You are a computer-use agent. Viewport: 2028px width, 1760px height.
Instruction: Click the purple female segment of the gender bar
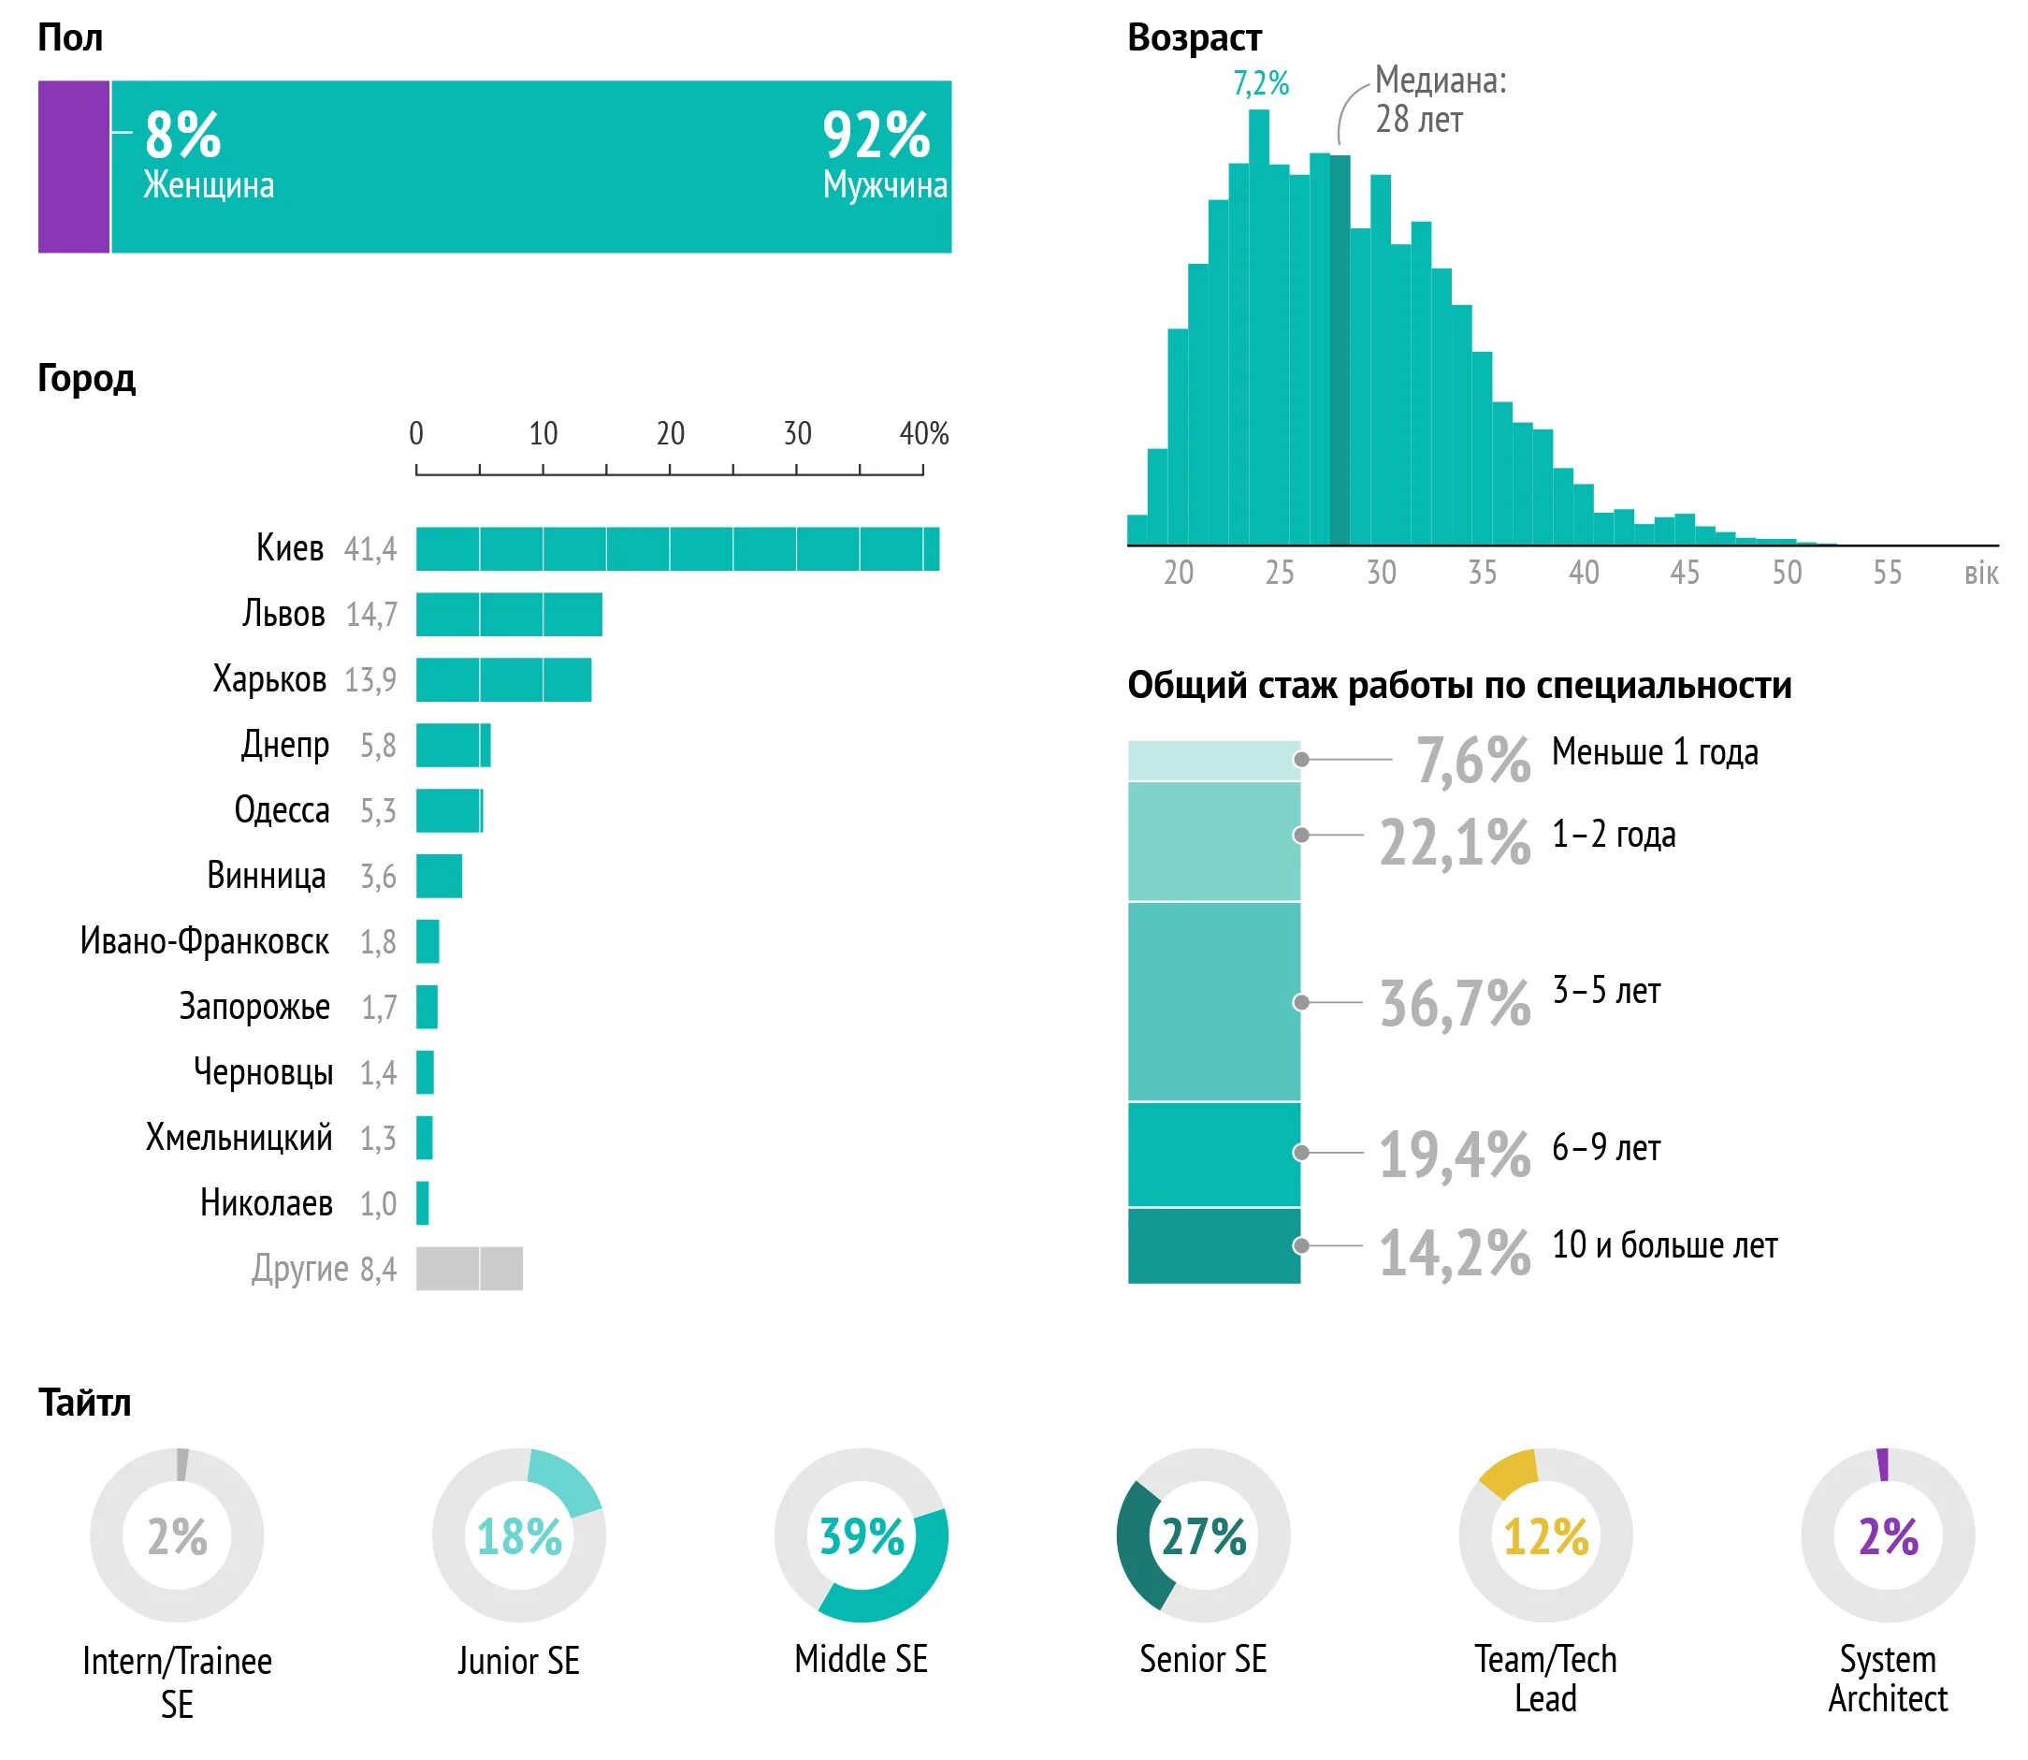74,166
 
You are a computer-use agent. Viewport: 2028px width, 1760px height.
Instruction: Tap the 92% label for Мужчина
875,135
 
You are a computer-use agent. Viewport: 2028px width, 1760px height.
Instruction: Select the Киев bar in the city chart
676,548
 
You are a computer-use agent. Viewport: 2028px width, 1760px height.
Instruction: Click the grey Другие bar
469,1268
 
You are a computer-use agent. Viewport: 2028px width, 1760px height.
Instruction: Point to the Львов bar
508,614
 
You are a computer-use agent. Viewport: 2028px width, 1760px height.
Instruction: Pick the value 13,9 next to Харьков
370,679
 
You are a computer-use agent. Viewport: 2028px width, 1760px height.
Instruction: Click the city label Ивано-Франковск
204,941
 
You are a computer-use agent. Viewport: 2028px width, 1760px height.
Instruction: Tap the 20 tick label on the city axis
670,433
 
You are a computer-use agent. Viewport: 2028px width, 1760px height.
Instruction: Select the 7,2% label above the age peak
1260,83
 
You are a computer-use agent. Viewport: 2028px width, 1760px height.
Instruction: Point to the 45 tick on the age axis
1685,573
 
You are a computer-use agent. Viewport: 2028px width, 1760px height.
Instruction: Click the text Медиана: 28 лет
1439,99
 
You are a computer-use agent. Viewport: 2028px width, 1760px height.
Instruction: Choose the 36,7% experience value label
1455,1003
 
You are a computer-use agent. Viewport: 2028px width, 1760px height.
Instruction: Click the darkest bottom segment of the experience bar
1213,1245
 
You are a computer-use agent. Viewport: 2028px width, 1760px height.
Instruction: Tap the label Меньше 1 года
1655,752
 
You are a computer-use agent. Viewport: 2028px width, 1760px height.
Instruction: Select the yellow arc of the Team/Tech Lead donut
1508,1472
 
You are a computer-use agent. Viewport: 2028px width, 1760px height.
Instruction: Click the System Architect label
1887,1679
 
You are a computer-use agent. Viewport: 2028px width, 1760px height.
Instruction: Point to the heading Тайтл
84,1403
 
